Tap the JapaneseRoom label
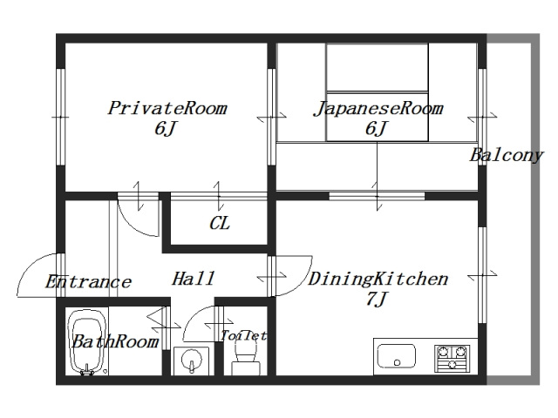pyautogui.click(x=378, y=109)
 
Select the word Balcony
pyautogui.click(x=506, y=156)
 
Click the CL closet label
pyautogui.click(x=219, y=223)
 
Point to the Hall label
pyautogui.click(x=193, y=280)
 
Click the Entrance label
pyautogui.click(x=88, y=282)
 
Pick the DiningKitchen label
pyautogui.click(x=378, y=280)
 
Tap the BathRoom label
pyautogui.click(x=114, y=341)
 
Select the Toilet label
pyautogui.click(x=243, y=335)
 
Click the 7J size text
pyautogui.click(x=377, y=300)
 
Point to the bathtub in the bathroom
pyautogui.click(x=86, y=343)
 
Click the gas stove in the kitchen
pyautogui.click(x=451, y=357)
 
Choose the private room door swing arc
pyautogui.click(x=137, y=213)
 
